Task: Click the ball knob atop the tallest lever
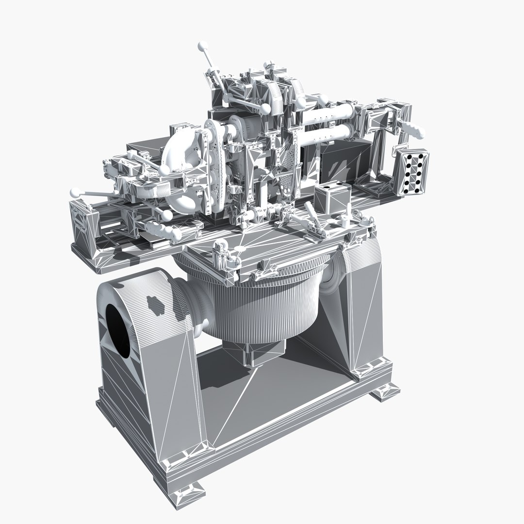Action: point(202,47)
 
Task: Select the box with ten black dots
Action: point(412,172)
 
